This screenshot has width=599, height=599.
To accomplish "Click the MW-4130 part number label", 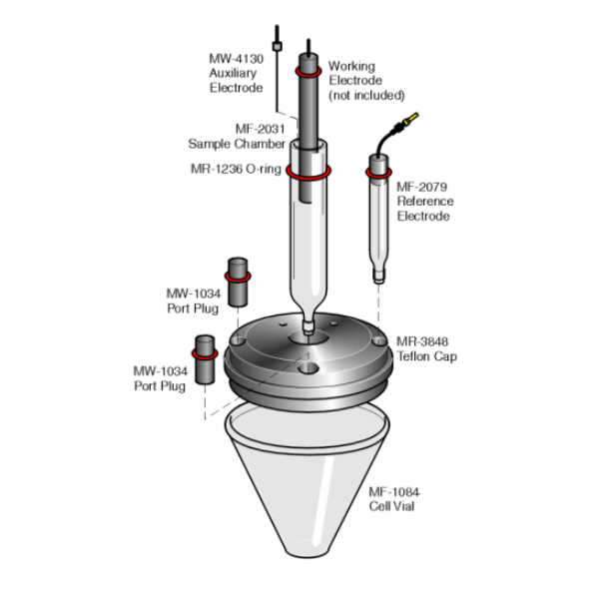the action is [x=236, y=59].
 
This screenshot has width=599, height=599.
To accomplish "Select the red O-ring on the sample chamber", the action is [x=308, y=173].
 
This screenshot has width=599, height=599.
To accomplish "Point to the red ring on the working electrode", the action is [x=307, y=72].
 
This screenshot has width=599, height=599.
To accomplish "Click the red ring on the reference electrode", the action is [x=378, y=173].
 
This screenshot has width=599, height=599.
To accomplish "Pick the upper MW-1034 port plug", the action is [x=238, y=282].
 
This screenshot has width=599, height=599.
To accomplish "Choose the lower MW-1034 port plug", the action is [x=205, y=359].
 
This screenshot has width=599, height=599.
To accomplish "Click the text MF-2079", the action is [x=421, y=187].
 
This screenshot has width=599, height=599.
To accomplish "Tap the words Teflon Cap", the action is [x=427, y=356].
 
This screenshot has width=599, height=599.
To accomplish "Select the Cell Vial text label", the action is [x=391, y=506].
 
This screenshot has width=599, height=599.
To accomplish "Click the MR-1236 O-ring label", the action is [x=236, y=169].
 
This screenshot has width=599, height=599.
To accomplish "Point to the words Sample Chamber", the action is [x=237, y=144].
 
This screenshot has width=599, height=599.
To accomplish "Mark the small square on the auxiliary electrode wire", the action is [x=277, y=47].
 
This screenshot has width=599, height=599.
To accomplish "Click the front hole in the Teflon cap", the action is [x=308, y=368].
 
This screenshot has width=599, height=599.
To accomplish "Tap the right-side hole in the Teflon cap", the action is [x=379, y=340].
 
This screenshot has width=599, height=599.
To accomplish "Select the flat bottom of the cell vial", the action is [x=307, y=550].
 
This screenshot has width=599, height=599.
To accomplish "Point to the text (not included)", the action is [x=366, y=95].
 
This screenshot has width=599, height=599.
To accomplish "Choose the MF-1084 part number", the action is [x=394, y=491].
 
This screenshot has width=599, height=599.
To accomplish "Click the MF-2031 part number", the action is [x=261, y=129].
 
